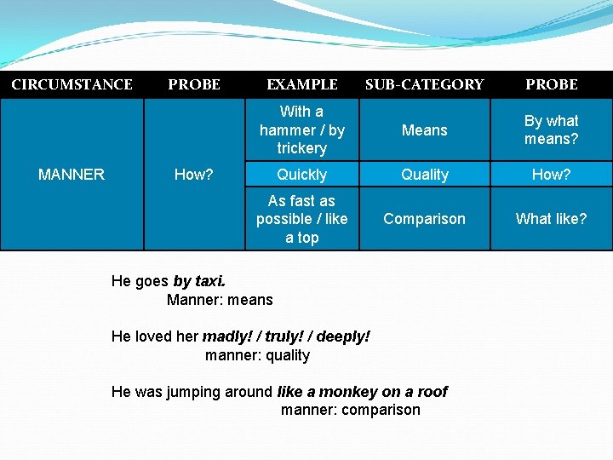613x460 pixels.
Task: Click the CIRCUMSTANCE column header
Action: (72, 84)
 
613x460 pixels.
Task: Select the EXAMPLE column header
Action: (301, 84)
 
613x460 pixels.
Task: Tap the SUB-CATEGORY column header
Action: (424, 84)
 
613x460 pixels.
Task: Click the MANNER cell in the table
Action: (72, 175)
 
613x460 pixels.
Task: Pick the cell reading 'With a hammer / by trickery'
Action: (301, 129)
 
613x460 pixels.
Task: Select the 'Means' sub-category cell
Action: (424, 129)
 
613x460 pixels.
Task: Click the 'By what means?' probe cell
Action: (551, 129)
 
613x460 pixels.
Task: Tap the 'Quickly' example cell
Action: (301, 175)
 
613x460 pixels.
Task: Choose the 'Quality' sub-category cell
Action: (424, 175)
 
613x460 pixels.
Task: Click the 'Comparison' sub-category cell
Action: (424, 219)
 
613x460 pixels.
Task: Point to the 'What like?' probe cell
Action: (551, 219)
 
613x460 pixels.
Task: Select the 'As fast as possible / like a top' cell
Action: (301, 219)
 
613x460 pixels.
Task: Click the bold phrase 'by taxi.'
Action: (199, 281)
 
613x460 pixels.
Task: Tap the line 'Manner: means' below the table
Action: (220, 300)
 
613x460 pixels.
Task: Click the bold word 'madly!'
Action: (223, 336)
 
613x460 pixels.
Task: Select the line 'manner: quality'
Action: (257, 355)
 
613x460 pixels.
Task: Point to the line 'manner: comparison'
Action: (350, 410)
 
